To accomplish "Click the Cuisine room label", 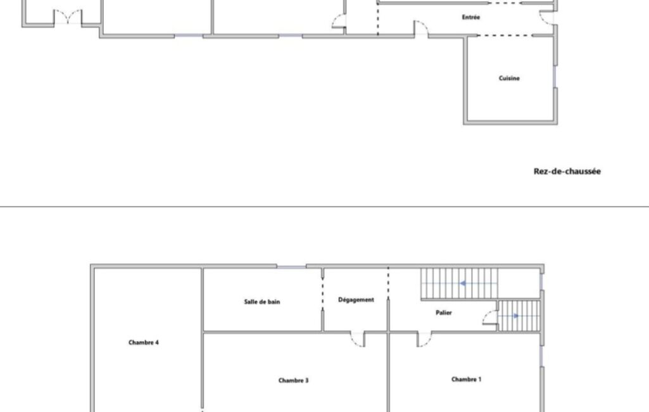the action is tap(508, 78).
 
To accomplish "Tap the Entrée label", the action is tap(470, 17).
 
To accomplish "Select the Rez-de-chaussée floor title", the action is tap(567, 171).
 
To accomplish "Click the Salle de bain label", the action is tap(262, 302).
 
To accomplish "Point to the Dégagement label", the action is tap(356, 300).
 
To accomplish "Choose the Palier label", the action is tap(444, 312).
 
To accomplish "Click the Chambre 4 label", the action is tap(144, 342).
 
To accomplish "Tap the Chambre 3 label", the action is tap(293, 380).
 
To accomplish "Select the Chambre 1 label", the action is tap(467, 379).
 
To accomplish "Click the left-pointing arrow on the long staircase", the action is tap(463, 283).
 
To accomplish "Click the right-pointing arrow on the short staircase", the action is tap(516, 316).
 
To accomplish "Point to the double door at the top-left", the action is tap(68, 17).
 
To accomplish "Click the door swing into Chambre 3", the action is tap(358, 340).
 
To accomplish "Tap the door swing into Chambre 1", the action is tap(424, 340).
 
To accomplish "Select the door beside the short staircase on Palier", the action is tap(490, 318).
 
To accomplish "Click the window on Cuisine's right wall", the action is tap(555, 76).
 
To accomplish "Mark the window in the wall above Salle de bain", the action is tap(291, 266).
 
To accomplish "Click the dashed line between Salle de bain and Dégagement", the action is tap(323, 293).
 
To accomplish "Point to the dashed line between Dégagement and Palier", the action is tap(388, 283).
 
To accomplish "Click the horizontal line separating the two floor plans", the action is tap(324, 207).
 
